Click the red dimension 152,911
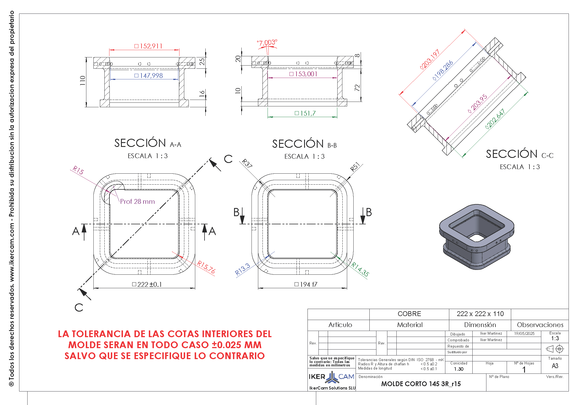(149, 46)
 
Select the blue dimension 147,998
(149, 76)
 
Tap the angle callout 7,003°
(267, 43)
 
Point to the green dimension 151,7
(305, 113)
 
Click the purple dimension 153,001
(304, 74)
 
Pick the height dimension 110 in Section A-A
(82, 81)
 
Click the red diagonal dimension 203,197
(430, 59)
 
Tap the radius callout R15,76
(206, 267)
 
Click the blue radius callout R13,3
(243, 269)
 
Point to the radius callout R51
(355, 167)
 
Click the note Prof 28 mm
(137, 202)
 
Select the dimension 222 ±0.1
(147, 285)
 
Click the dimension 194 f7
(306, 285)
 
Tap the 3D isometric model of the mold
(477, 236)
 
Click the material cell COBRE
(409, 314)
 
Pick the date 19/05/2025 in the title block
(524, 334)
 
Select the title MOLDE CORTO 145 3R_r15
(421, 384)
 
